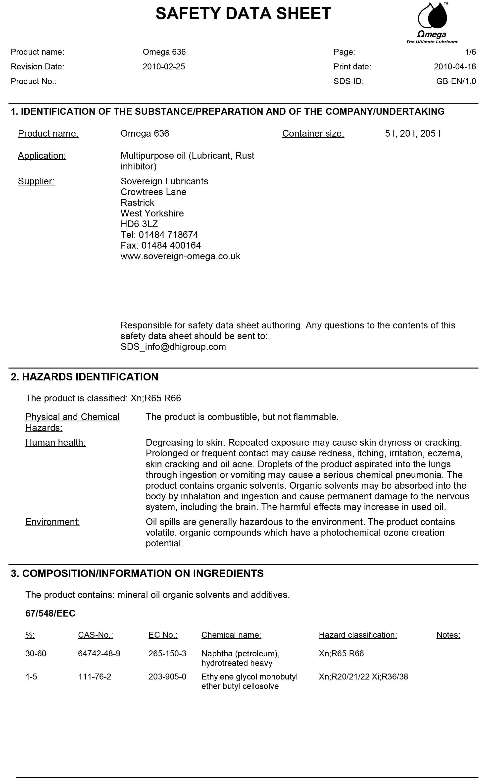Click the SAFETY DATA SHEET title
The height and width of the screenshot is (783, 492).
tap(243, 14)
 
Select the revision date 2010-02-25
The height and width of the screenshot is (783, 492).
tap(164, 67)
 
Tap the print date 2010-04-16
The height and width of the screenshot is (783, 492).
tap(455, 67)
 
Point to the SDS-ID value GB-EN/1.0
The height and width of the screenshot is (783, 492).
tap(456, 81)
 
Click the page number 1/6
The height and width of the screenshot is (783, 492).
tap(470, 52)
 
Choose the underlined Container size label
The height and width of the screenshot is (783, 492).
tap(313, 134)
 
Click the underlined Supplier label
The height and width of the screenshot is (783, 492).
tap(36, 181)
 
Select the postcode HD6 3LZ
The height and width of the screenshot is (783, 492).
tap(139, 224)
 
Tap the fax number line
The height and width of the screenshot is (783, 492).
tap(160, 246)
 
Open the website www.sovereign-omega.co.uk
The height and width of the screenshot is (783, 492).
tap(180, 256)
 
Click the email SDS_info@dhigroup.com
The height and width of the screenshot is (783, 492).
tap(173, 347)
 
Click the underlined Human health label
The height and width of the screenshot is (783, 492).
tap(55, 443)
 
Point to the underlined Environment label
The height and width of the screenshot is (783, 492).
tap(53, 522)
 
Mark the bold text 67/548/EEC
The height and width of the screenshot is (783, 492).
tap(50, 613)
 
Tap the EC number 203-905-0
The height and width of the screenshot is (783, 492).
tap(167, 677)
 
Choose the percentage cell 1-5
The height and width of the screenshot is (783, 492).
tap(31, 677)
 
